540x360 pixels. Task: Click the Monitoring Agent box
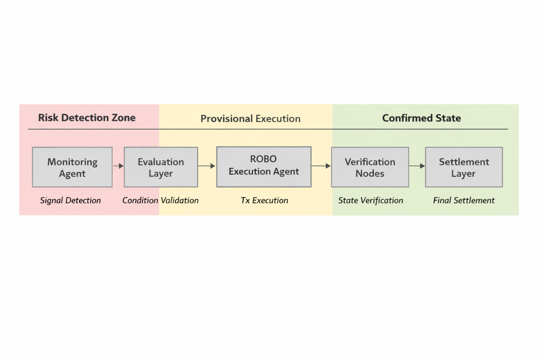click(x=72, y=167)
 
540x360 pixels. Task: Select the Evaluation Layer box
click(x=161, y=167)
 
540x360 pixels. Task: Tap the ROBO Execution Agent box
click(x=264, y=167)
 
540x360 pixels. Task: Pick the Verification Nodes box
click(x=370, y=167)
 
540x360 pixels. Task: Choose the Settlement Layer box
click(x=464, y=167)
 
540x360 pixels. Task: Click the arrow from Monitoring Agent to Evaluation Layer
click(x=118, y=166)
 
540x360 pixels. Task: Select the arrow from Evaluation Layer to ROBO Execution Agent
click(x=207, y=166)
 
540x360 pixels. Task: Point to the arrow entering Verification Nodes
click(x=321, y=166)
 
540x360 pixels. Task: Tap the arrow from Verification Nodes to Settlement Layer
click(x=417, y=166)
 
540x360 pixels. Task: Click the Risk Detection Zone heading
click(x=86, y=118)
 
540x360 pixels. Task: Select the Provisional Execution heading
click(x=250, y=119)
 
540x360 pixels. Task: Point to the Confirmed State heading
click(x=421, y=118)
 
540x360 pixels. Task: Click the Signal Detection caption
click(x=70, y=200)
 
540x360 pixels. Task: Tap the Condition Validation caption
click(x=160, y=200)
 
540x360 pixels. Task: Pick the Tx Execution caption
click(x=264, y=200)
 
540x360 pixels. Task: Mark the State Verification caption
click(x=371, y=200)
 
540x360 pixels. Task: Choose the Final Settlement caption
click(x=464, y=200)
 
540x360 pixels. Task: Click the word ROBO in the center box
click(x=263, y=159)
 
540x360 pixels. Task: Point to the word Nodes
click(x=370, y=174)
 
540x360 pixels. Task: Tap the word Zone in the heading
click(x=123, y=118)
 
